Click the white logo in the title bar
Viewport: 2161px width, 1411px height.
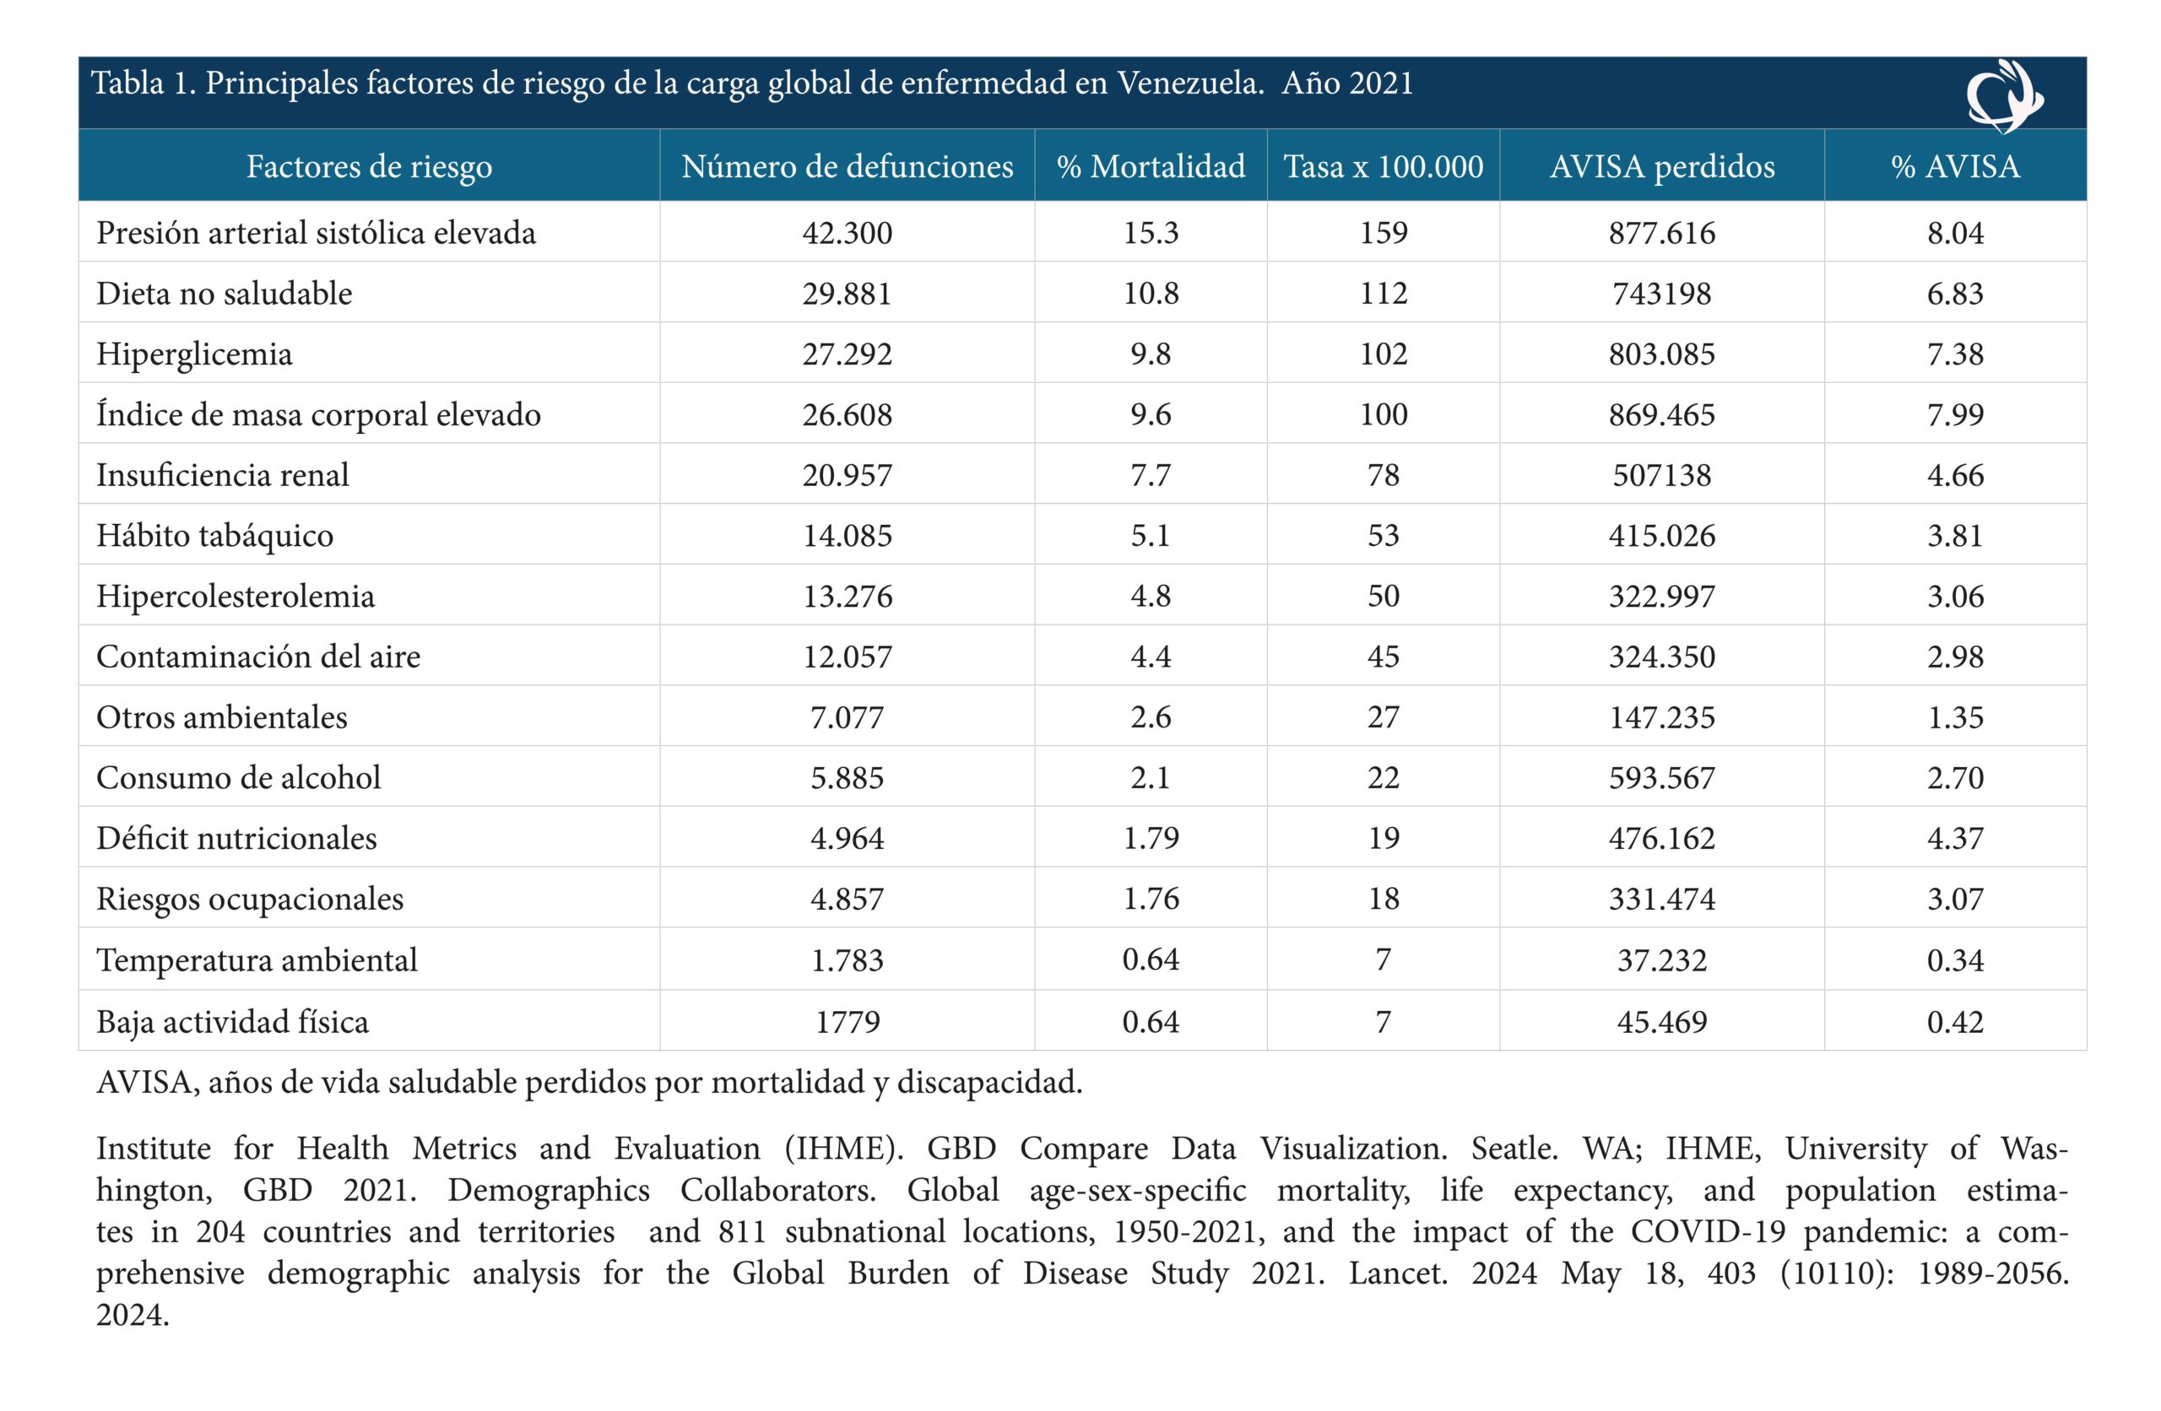tap(2004, 95)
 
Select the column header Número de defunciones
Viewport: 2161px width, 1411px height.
tap(848, 166)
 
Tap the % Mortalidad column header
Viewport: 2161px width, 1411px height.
tap(1151, 166)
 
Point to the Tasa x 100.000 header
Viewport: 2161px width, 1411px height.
tap(1383, 166)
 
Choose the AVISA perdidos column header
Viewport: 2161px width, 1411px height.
tap(1661, 167)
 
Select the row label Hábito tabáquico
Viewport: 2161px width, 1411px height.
tap(215, 536)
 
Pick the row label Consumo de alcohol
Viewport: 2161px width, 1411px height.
tap(239, 777)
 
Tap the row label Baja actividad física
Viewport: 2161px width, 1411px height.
tap(232, 1021)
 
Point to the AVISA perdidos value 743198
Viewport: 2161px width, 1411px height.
tap(1661, 295)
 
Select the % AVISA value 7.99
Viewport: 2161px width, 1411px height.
tap(1955, 415)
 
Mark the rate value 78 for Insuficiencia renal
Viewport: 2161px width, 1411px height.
tap(1383, 476)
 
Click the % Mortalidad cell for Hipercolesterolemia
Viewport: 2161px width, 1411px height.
tap(1151, 597)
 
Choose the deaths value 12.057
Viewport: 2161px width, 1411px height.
tap(848, 657)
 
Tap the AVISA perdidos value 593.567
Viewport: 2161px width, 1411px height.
tap(1661, 778)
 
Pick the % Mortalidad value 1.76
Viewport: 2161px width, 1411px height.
tap(1151, 899)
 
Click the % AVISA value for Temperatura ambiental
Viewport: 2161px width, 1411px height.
tap(1955, 960)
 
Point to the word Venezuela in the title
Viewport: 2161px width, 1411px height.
tap(1189, 84)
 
